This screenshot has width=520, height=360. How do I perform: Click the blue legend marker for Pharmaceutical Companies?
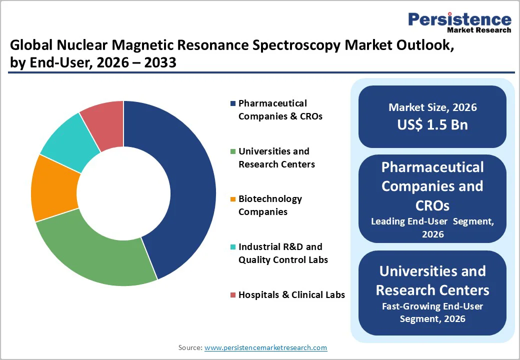pos(232,103)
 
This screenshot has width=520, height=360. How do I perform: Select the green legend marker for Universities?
pos(232,151)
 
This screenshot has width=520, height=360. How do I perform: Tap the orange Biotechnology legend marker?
pos(232,199)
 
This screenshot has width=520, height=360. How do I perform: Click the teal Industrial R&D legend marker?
pos(232,247)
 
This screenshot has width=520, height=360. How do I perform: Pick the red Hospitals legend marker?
pos(232,295)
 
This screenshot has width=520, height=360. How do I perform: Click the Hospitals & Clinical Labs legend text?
pos(291,295)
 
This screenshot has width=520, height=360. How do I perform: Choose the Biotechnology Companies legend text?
pos(270,205)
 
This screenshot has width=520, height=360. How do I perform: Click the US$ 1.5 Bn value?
pos(432,124)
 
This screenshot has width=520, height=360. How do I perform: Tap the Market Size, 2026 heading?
pos(432,107)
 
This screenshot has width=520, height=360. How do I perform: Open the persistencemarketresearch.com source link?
pos(265,347)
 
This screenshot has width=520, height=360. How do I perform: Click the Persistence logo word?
pos(459,19)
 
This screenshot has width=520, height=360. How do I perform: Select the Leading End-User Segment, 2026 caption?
pos(432,227)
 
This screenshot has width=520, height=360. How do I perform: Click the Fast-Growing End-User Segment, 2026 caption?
pos(432,312)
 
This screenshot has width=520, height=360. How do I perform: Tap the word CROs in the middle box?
pos(432,205)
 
